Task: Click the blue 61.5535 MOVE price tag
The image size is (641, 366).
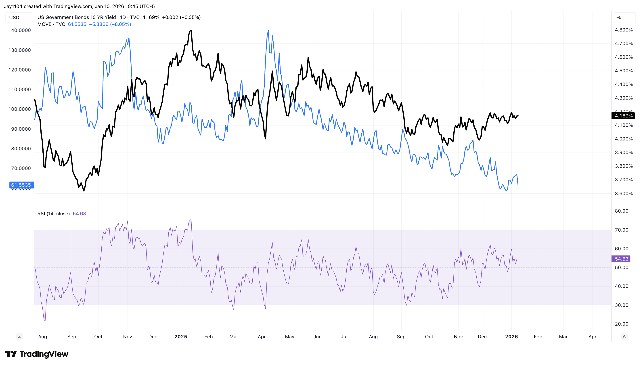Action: click(x=21, y=185)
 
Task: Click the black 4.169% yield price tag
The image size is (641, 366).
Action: click(x=623, y=116)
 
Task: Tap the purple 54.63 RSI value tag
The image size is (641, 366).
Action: click(x=621, y=259)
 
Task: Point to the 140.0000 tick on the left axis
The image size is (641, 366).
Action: click(x=19, y=30)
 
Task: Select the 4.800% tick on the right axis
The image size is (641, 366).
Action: click(x=623, y=30)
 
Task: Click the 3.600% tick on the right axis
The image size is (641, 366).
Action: click(x=623, y=194)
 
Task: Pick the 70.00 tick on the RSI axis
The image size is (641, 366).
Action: click(x=621, y=230)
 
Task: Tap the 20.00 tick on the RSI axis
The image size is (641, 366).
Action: click(x=621, y=324)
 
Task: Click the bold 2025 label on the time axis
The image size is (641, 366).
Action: click(x=180, y=337)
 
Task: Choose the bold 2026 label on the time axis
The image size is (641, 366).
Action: click(x=511, y=337)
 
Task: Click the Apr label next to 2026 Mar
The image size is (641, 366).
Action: click(x=592, y=337)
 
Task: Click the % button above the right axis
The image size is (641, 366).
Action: click(x=619, y=18)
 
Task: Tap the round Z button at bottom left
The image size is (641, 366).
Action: click(x=19, y=336)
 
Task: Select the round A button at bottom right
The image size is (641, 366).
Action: click(x=624, y=336)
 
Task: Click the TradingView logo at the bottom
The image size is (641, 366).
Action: click(x=36, y=354)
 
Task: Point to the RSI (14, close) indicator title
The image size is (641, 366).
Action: click(x=54, y=214)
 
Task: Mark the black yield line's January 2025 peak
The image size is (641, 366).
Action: click(x=191, y=31)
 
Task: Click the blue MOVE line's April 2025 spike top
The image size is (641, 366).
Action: click(x=268, y=31)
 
